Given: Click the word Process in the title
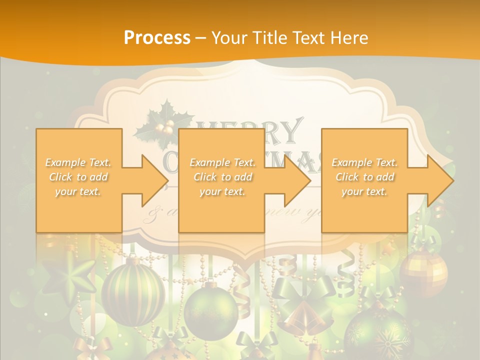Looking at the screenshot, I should click(157, 37).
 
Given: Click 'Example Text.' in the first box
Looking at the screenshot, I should click(78, 162).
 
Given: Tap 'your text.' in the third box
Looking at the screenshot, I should click(364, 191).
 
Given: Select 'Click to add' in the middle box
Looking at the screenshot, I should click(222, 177).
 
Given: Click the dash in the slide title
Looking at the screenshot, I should click(200, 37).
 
